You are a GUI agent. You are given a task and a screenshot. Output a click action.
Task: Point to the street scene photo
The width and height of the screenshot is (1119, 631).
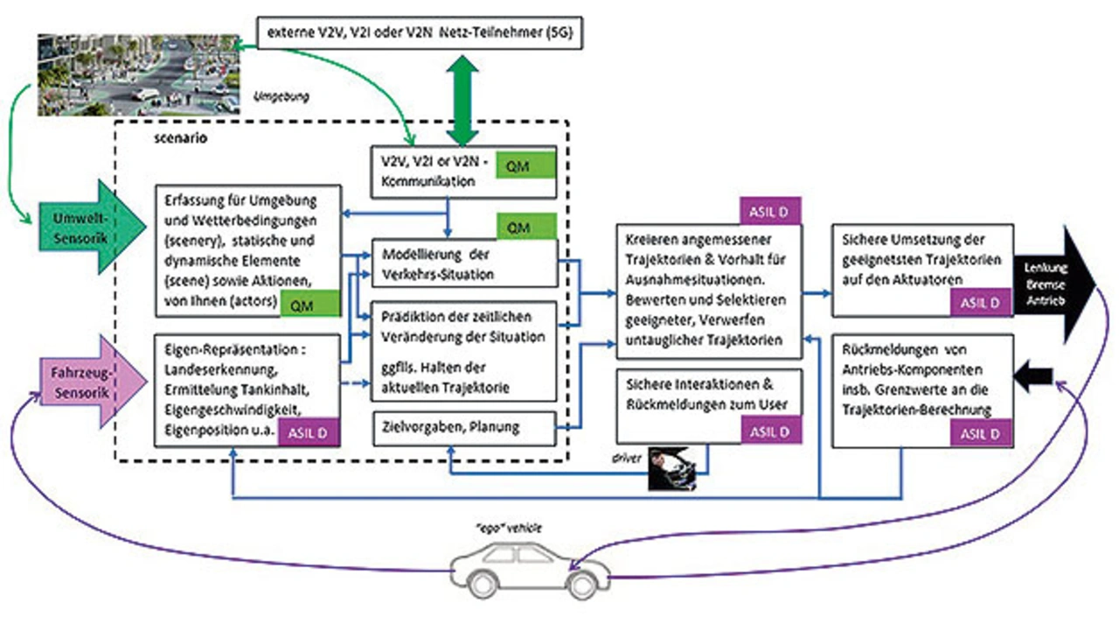tap(139, 75)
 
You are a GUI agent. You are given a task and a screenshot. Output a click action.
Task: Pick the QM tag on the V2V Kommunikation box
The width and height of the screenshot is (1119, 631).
tap(525, 166)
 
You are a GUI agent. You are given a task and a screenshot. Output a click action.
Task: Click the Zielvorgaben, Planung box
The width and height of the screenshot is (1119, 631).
tap(464, 427)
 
